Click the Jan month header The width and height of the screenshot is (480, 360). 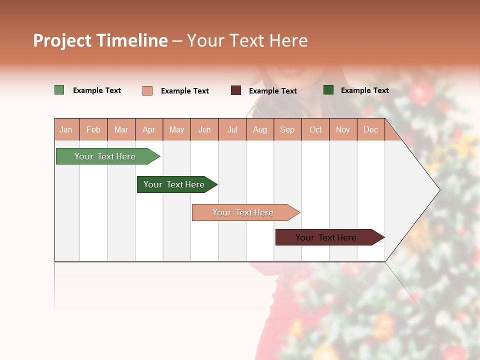66,129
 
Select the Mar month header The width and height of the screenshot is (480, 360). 121,129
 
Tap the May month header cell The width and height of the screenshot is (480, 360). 176,129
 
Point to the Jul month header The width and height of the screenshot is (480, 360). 232,129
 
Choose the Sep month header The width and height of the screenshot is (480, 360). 287,129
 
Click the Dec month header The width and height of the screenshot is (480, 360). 370,129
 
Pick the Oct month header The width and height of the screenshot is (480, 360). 315,129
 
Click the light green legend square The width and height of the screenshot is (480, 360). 59,90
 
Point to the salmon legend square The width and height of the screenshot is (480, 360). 147,90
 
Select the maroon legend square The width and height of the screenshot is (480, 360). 236,90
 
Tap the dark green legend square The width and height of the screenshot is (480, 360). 328,90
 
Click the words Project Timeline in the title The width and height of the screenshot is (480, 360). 100,40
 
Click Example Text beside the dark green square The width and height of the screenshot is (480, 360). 364,90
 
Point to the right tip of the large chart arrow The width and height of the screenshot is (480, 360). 438,190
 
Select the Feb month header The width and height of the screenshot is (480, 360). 93,129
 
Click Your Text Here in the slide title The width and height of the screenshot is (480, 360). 247,40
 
